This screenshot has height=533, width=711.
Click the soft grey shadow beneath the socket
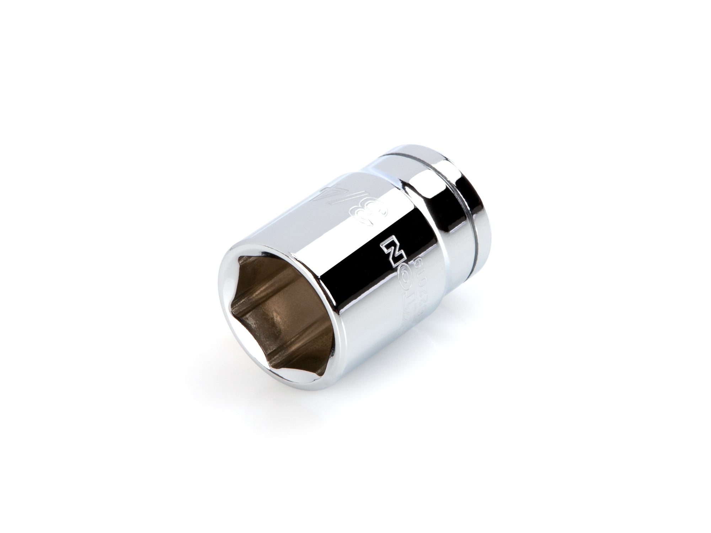pyautogui.click(x=355, y=402)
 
